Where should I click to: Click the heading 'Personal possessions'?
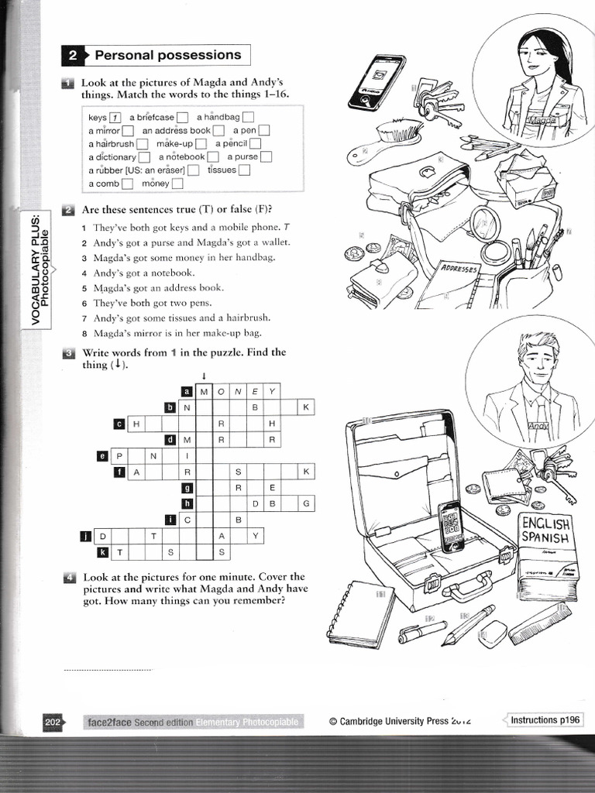[x=167, y=55]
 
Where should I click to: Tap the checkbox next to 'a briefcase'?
[x=182, y=118]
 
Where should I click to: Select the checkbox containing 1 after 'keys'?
[x=115, y=118]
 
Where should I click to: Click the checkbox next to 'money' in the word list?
[x=177, y=184]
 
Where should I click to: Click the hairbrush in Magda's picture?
[x=381, y=141]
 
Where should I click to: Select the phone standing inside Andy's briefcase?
[x=451, y=527]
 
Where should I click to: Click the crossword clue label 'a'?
[x=186, y=391]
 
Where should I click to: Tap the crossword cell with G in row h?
[x=306, y=503]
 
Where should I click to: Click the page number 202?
[x=53, y=723]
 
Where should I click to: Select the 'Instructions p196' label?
[x=545, y=720]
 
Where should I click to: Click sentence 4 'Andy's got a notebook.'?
[x=143, y=273]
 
